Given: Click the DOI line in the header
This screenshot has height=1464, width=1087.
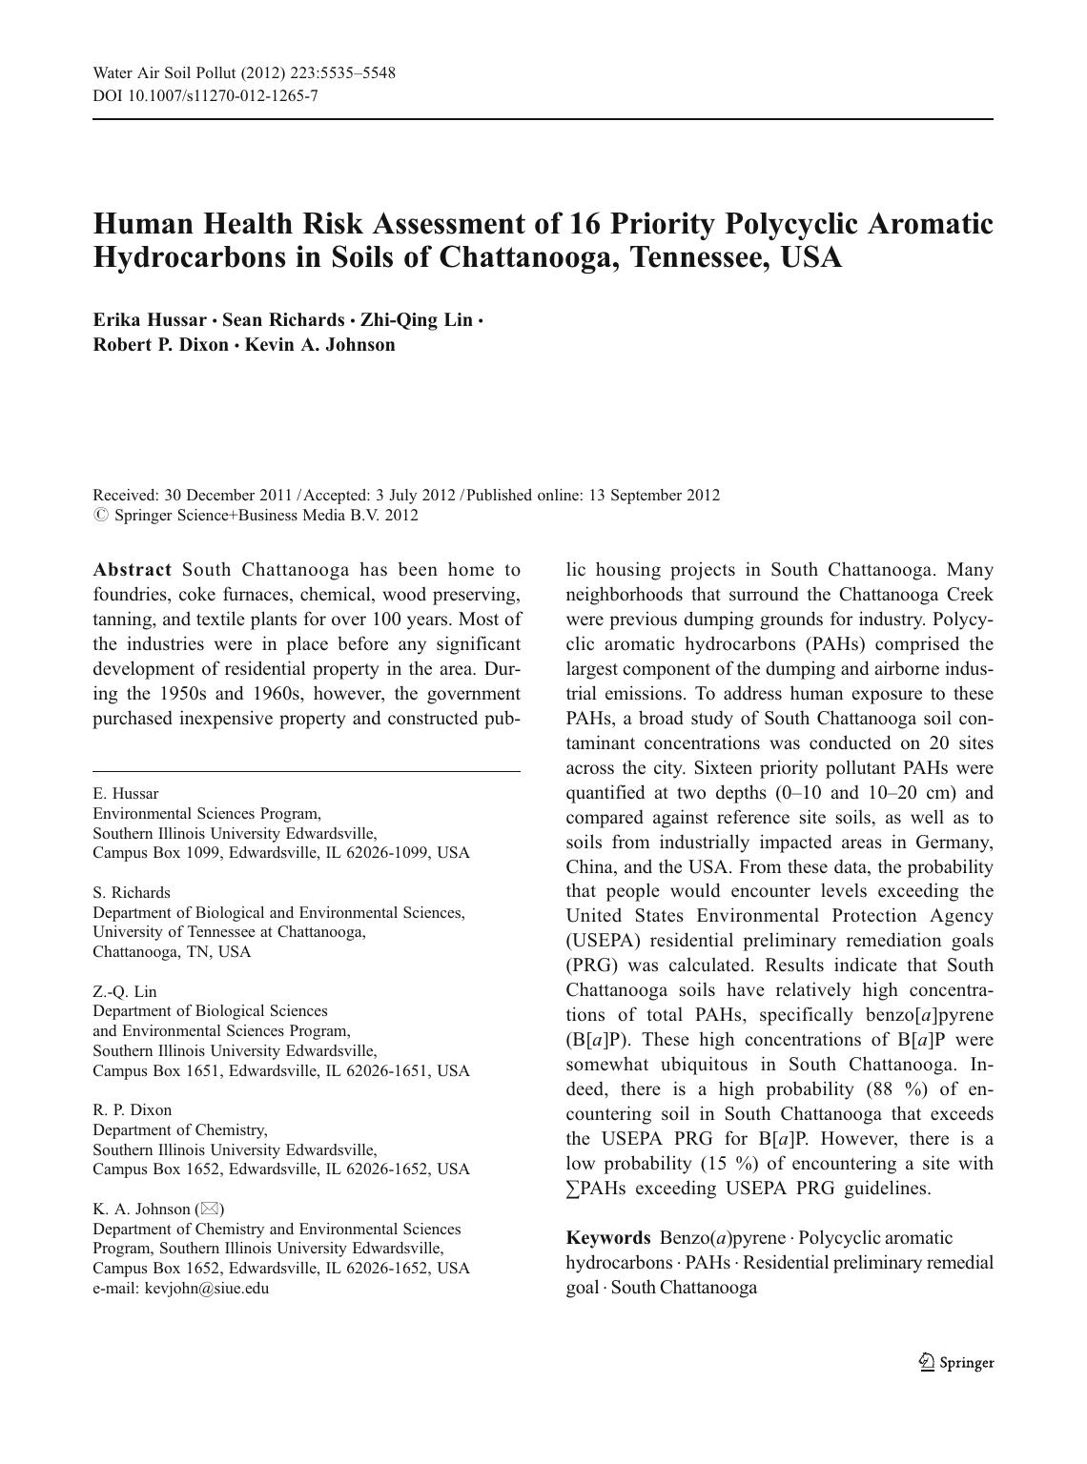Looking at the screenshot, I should [205, 96].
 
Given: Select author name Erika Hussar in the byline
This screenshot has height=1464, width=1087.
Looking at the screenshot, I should [149, 320].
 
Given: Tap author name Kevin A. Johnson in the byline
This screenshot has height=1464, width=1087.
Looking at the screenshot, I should [319, 345].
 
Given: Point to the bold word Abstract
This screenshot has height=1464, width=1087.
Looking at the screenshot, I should [132, 570].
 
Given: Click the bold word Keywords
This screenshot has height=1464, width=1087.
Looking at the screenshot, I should [607, 1238].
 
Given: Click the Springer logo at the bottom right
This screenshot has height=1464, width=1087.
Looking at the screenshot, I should [956, 1362].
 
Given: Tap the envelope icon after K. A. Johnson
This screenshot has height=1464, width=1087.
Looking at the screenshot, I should [209, 1210].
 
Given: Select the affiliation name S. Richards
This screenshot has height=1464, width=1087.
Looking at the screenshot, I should [132, 893].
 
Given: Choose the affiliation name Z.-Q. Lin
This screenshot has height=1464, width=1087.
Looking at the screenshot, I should [125, 992].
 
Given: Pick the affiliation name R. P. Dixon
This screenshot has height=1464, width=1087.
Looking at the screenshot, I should [132, 1110].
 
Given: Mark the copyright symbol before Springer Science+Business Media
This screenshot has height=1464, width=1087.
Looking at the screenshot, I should [100, 516].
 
